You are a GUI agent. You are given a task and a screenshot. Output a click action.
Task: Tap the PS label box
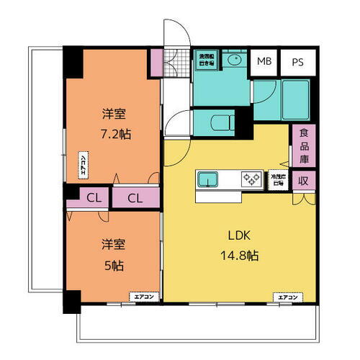click(296, 62)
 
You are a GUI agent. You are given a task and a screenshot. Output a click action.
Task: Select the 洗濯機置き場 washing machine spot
click(207, 60)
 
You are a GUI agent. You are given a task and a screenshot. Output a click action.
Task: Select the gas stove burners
click(251, 177)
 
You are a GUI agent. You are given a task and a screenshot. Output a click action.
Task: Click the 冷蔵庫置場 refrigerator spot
click(277, 179)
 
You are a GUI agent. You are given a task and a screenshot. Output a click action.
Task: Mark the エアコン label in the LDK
click(286, 296)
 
